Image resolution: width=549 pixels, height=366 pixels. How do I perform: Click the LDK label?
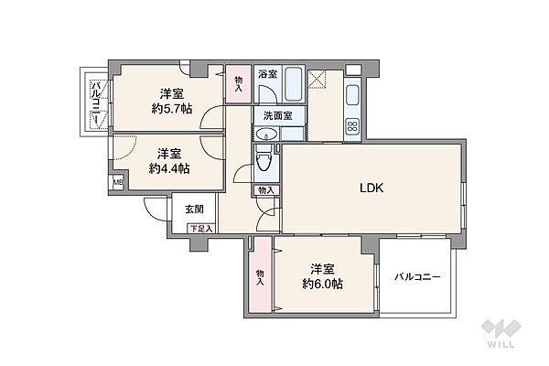pyautogui.click(x=370, y=188)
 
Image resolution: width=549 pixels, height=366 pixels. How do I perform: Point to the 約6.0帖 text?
pyautogui.click(x=322, y=284)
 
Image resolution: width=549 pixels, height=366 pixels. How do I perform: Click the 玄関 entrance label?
pyautogui.click(x=194, y=210)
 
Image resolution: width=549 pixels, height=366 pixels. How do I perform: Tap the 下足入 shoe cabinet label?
pyautogui.click(x=202, y=229)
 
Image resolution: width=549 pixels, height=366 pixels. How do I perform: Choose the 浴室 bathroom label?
pyautogui.click(x=266, y=73)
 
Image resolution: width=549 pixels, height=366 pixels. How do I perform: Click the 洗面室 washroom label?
pyautogui.click(x=277, y=116)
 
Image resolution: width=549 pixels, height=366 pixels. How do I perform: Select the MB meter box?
pyautogui.click(x=116, y=182)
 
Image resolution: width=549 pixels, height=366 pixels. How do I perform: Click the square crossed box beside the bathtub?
pyautogui.click(x=320, y=80)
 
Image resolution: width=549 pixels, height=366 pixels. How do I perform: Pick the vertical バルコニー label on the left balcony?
pyautogui.click(x=94, y=105)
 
